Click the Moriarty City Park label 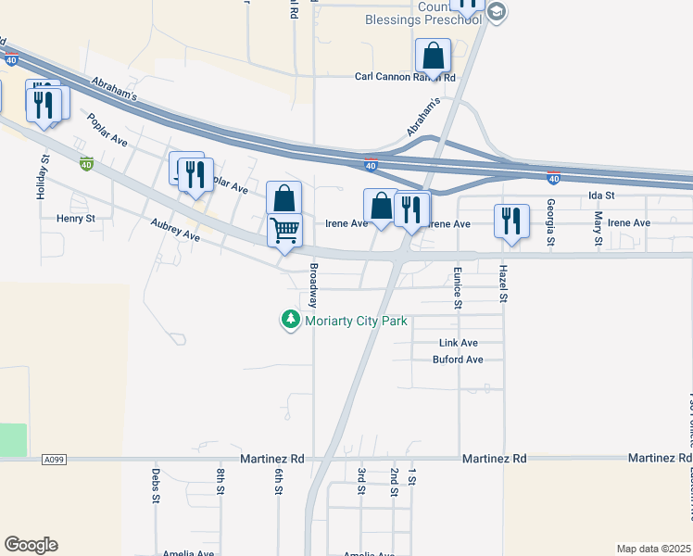(357, 321)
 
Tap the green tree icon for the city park (291, 320)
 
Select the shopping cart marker (284, 229)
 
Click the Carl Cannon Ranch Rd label (406, 77)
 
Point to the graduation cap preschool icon (496, 12)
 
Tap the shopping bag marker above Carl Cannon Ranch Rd (433, 56)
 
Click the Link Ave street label (458, 343)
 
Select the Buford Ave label (458, 360)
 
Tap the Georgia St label (550, 221)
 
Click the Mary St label (598, 229)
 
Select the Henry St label (76, 219)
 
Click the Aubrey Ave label (176, 230)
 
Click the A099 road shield (56, 459)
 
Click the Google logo (31, 545)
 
